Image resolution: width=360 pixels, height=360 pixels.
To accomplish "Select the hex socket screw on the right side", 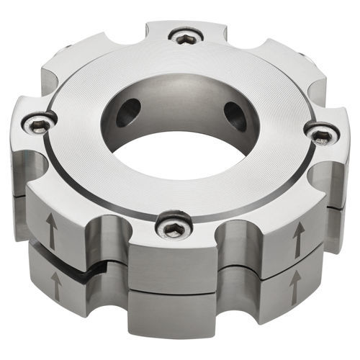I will (x=321, y=134).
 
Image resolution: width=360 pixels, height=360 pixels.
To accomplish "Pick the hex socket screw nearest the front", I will (x=173, y=228).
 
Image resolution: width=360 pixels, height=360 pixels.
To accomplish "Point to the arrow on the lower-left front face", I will (x=55, y=287).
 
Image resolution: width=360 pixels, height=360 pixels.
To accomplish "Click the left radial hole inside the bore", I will (x=130, y=110).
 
